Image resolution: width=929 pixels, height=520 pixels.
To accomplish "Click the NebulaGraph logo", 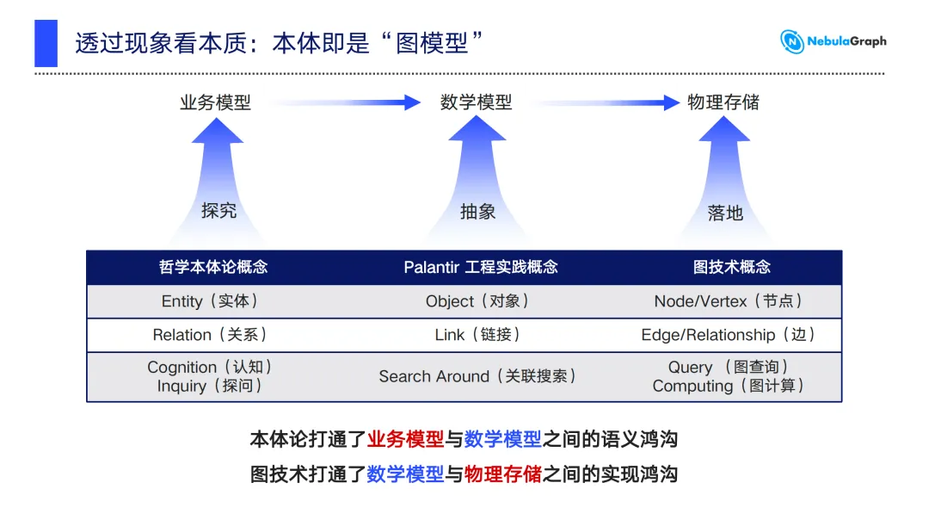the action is pos(833,41).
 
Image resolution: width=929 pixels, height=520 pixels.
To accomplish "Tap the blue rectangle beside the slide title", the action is pos(46,43).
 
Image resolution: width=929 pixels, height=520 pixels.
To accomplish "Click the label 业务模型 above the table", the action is pos(216,102).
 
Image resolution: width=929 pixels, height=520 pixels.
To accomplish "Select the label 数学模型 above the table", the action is pos(476,102).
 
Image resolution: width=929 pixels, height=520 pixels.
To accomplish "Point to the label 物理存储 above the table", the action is pos(723,102).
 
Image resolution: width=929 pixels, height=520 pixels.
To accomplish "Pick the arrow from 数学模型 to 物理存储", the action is pos(608,102).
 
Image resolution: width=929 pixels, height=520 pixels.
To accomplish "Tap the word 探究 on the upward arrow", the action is pos(218,210).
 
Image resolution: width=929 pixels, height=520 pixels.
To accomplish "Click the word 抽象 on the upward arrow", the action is pos(477,212).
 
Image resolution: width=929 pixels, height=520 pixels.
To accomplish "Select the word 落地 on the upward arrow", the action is pos(725,213).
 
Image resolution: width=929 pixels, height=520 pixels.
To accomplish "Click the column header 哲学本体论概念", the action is pos(213,268).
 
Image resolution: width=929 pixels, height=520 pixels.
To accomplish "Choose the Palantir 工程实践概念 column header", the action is pos(481,268).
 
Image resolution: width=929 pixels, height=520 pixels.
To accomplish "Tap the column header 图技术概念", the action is pos(732,268).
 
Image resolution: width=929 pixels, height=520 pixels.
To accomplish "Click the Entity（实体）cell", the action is pos(210,301).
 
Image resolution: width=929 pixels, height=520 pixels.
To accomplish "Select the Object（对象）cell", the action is pos(477,301).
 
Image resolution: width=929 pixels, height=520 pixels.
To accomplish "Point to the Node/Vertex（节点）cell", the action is pos(729,301).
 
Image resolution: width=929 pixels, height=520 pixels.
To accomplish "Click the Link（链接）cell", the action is pos(477,335).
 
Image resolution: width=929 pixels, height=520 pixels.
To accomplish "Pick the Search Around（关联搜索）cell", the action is pos(477,376).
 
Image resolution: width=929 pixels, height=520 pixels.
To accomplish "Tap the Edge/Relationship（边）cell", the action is pos(729,335).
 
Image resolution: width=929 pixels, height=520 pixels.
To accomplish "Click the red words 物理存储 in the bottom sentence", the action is pos(503,474).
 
